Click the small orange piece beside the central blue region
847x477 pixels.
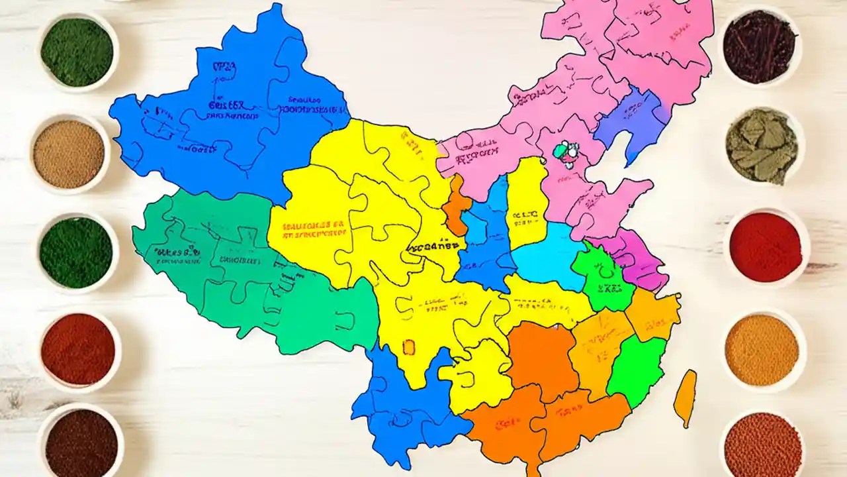(x=457, y=205)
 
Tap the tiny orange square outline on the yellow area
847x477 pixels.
(x=408, y=346)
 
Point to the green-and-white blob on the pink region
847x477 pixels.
(x=566, y=152)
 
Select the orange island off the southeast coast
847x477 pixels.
(x=685, y=397)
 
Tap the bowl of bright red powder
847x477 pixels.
(x=766, y=247)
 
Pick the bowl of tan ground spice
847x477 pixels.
(x=69, y=154)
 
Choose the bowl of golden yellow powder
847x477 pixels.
(x=762, y=350)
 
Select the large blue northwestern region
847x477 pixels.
(x=225, y=119)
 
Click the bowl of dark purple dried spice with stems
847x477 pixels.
(x=759, y=46)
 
